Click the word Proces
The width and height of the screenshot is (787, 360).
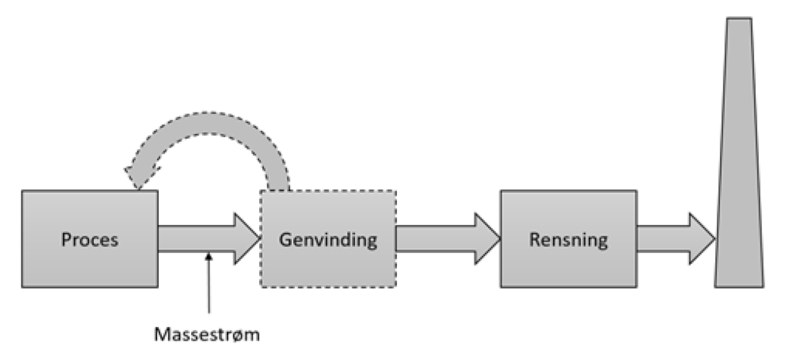(x=90, y=240)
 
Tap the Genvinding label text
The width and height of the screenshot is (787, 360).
(x=329, y=240)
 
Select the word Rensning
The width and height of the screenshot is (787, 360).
(x=569, y=240)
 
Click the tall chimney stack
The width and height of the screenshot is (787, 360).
(x=739, y=179)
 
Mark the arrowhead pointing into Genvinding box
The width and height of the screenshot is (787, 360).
(x=247, y=239)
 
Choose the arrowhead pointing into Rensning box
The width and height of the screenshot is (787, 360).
(x=487, y=239)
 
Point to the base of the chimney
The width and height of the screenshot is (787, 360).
(x=739, y=283)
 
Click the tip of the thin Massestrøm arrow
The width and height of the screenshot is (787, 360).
(x=209, y=255)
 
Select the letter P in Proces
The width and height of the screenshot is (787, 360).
(x=66, y=240)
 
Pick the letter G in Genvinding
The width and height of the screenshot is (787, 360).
(x=286, y=240)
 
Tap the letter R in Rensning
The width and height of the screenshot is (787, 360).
(x=534, y=240)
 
